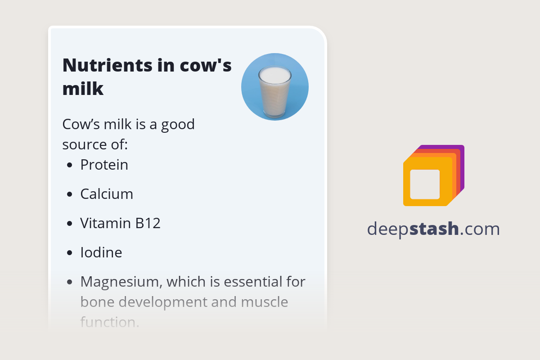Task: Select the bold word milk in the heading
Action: [83, 89]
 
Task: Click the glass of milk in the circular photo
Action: [274, 92]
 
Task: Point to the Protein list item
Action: [104, 165]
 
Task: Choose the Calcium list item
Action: [107, 194]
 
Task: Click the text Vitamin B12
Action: [120, 223]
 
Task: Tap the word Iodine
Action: [101, 252]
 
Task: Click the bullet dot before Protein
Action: [69, 165]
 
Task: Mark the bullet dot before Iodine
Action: [69, 252]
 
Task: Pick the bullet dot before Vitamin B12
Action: [69, 223]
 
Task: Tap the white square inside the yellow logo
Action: [425, 184]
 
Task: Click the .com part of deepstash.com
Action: [480, 229]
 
